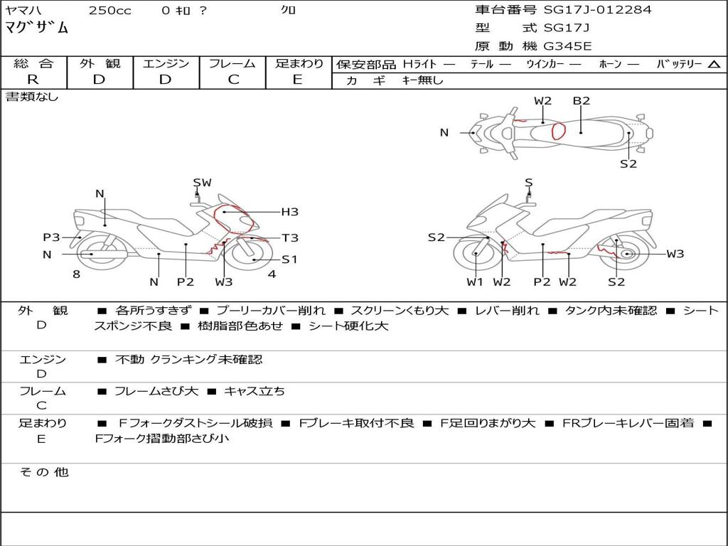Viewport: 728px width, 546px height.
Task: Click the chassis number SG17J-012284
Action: coord(597,10)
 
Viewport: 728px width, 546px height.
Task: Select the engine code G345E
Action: coord(567,47)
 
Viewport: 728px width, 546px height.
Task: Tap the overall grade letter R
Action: coord(33,80)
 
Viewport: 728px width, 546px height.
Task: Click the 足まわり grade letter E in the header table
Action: coord(298,80)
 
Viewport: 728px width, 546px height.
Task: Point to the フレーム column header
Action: coord(233,63)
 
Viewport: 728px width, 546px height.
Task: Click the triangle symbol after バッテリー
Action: coord(714,64)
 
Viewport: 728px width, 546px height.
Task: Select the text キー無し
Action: coord(422,80)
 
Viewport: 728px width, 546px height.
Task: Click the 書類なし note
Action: coord(32,97)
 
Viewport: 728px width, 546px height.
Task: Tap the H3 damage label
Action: coord(289,212)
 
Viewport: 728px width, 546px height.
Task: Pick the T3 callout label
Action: coord(289,238)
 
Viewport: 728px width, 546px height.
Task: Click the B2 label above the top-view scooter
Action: coord(582,101)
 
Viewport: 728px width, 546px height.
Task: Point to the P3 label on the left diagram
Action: coord(51,237)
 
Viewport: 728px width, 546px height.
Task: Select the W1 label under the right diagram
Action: coord(475,282)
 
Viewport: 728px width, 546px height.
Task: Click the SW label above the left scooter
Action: coord(203,183)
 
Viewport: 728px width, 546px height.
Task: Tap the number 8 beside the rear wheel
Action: coord(76,274)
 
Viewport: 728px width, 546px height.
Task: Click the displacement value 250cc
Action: coord(109,11)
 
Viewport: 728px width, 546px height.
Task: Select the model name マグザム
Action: coord(37,28)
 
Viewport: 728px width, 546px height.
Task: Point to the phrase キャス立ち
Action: coord(255,391)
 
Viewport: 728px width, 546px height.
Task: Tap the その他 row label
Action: coord(43,472)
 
